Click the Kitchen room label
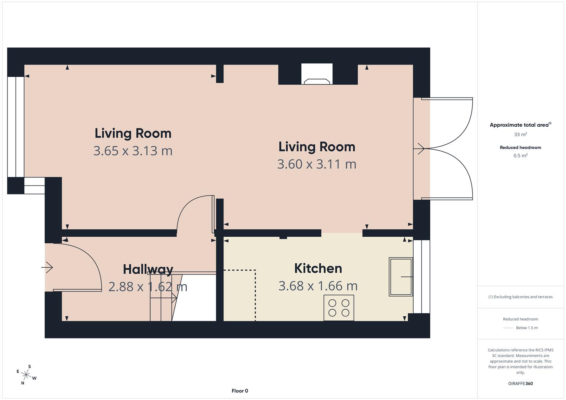point(318,269)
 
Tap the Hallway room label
point(148,270)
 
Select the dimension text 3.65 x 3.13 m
point(133,151)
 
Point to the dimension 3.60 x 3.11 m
point(317,164)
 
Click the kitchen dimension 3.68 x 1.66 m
point(318,286)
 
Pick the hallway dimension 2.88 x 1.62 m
point(148,287)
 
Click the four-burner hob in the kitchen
point(339,308)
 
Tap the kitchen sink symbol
point(401,277)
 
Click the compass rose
point(26,375)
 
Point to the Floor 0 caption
point(240,391)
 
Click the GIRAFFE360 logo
point(520,384)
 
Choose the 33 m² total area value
point(520,134)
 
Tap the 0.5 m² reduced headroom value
point(520,156)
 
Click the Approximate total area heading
point(520,125)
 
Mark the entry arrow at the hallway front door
point(47,267)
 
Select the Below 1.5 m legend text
point(527,328)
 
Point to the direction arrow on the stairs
point(163,298)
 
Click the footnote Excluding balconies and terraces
point(520,297)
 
